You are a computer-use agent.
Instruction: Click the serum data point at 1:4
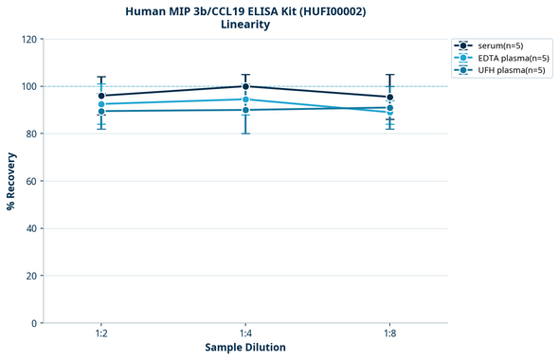pyautogui.click(x=245, y=86)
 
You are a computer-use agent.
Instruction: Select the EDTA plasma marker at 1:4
pyautogui.click(x=245, y=99)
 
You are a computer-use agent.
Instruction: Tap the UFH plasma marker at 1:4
pyautogui.click(x=245, y=110)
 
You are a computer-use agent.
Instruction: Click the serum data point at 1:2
pyautogui.click(x=101, y=96)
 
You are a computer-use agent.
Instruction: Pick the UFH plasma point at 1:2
pyautogui.click(x=101, y=111)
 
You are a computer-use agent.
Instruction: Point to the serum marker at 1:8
pyautogui.click(x=389, y=97)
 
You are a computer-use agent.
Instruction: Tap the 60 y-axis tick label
pyautogui.click(x=31, y=181)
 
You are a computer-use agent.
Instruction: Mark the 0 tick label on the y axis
pyautogui.click(x=34, y=323)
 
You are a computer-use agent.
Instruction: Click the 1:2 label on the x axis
pyautogui.click(x=101, y=333)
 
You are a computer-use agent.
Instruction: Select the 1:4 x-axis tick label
pyautogui.click(x=245, y=333)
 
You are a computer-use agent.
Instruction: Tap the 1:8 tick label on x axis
pyautogui.click(x=389, y=333)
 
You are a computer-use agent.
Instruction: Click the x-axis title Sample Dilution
pyautogui.click(x=245, y=348)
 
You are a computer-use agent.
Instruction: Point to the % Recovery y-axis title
pyautogui.click(x=11, y=180)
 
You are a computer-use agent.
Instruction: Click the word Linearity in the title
pyautogui.click(x=245, y=25)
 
